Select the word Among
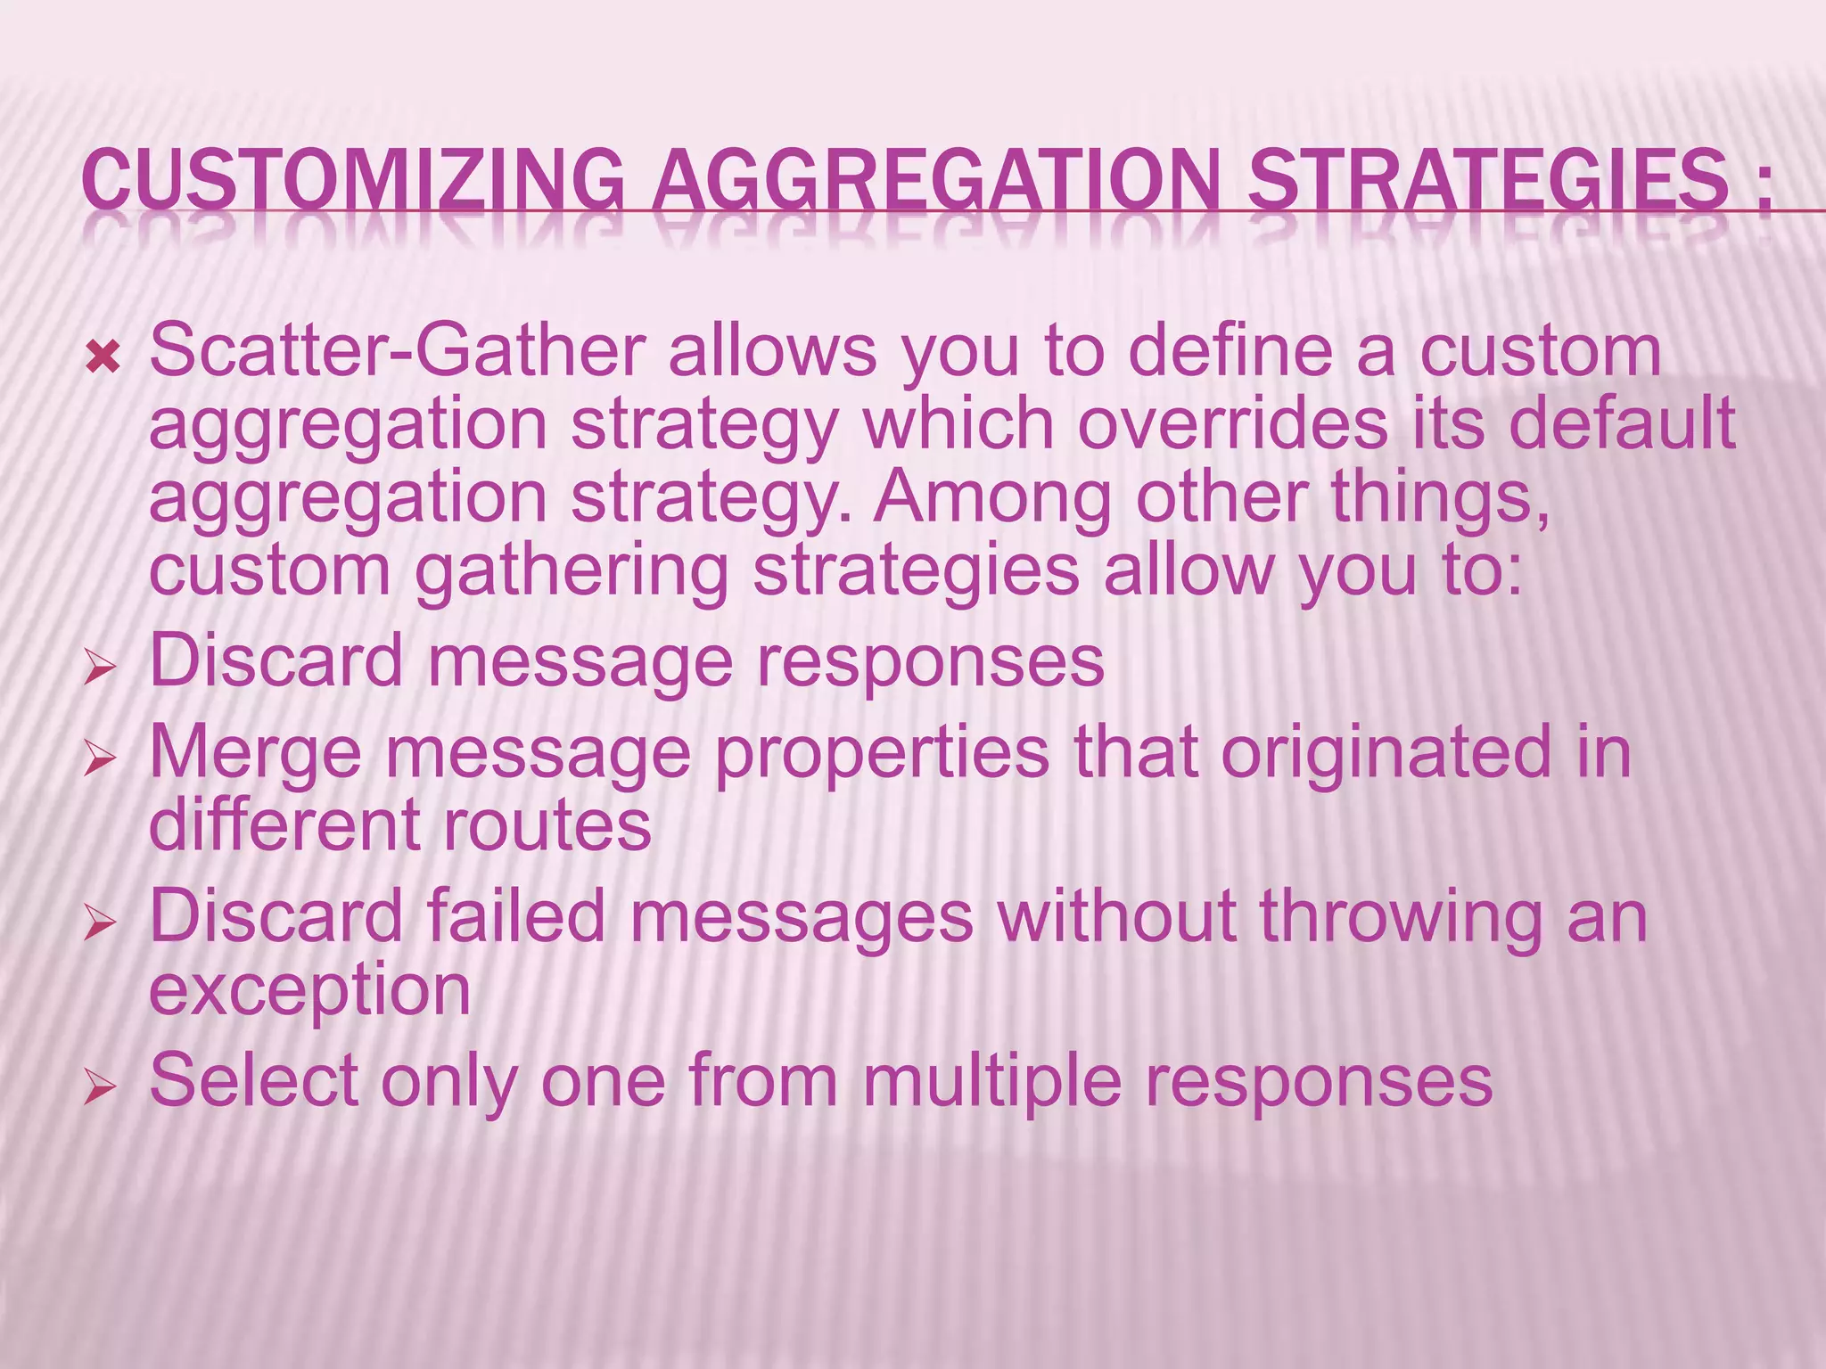991,496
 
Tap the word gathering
572,570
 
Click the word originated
1386,751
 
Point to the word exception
309,991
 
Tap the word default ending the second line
1622,423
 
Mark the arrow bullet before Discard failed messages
100,924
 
